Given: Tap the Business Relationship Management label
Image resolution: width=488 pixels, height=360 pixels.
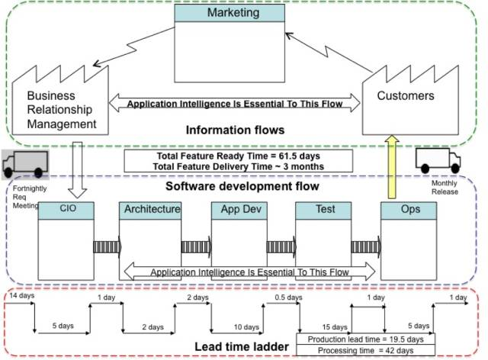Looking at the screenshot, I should [62, 110].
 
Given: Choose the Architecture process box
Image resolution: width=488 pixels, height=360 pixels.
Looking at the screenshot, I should [150, 236].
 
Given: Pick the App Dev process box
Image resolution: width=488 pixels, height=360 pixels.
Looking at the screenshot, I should [236, 236].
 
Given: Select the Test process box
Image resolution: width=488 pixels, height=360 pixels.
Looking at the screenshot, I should [321, 236].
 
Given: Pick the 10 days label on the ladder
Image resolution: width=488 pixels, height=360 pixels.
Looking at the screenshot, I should [247, 327].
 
